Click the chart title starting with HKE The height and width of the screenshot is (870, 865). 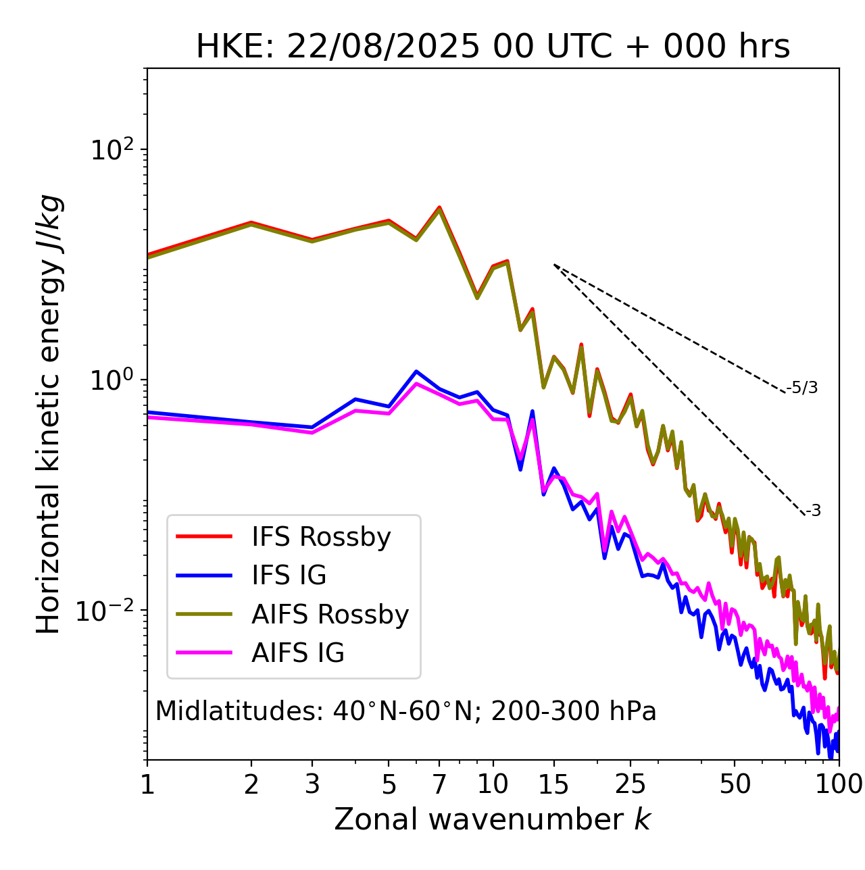[493, 47]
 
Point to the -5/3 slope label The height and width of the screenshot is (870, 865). [802, 388]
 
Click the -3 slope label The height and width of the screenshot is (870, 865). [813, 511]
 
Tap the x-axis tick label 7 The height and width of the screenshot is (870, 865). [439, 785]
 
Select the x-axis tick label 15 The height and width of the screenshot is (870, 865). [553, 785]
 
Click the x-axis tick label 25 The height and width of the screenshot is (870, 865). [631, 785]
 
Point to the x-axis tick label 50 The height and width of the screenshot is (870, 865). [735, 785]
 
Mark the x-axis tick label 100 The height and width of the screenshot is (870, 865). [838, 785]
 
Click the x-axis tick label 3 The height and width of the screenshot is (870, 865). [312, 785]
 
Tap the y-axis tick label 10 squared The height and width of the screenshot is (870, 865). [111, 150]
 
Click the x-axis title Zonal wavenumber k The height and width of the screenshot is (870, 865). [493, 819]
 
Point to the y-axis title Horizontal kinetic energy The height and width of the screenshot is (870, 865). [49, 414]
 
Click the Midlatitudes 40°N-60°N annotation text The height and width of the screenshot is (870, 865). [405, 711]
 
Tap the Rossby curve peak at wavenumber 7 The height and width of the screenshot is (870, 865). [439, 207]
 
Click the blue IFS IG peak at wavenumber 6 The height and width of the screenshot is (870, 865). [416, 371]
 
